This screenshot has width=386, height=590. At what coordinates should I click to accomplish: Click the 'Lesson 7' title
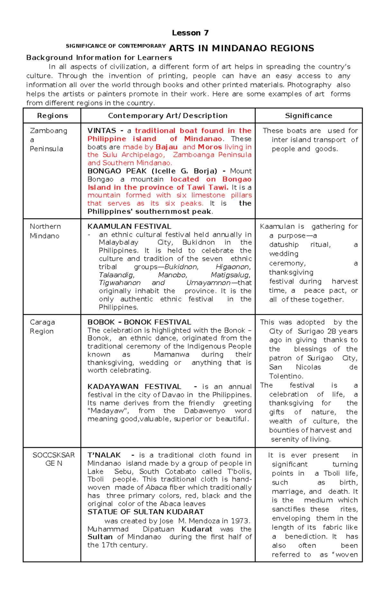pyautogui.click(x=190, y=33)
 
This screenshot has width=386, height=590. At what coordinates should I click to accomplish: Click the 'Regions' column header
pyautogui.click(x=52, y=116)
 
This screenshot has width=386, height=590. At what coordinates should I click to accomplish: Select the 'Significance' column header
pyautogui.click(x=308, y=116)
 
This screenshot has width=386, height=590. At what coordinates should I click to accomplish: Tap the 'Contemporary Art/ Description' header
pyautogui.click(x=168, y=116)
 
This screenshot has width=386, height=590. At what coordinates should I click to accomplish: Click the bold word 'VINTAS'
pyautogui.click(x=102, y=131)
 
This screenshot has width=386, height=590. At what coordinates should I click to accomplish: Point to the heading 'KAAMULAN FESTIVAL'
pyautogui.click(x=129, y=226)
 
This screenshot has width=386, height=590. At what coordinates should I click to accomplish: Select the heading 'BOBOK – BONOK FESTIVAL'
pyautogui.click(x=139, y=322)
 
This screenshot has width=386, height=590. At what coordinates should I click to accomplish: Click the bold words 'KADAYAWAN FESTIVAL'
pyautogui.click(x=134, y=386)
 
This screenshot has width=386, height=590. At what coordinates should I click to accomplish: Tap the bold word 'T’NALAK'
pyautogui.click(x=104, y=455)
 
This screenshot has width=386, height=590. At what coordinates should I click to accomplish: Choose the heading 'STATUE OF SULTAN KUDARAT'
pyautogui.click(x=146, y=512)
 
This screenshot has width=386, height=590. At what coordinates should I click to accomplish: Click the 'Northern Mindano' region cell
pyautogui.click(x=45, y=231)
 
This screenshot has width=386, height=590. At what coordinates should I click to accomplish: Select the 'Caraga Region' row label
pyautogui.click(x=42, y=327)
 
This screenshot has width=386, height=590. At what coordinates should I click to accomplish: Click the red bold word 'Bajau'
pyautogui.click(x=167, y=147)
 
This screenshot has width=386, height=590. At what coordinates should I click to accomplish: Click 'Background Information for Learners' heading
pyautogui.click(x=99, y=58)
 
